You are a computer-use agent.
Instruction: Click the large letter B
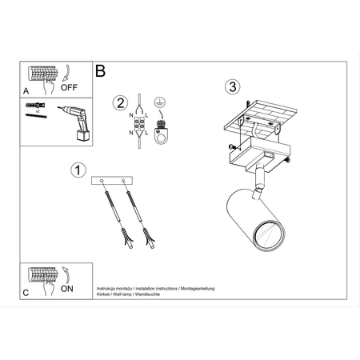(x=101, y=70)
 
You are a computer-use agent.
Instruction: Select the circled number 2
(x=121, y=102)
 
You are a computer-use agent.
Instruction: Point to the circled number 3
(x=232, y=86)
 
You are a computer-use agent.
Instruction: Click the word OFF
(x=70, y=90)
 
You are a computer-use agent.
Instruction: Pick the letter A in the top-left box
(x=26, y=91)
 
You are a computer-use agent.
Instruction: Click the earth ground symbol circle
(x=158, y=102)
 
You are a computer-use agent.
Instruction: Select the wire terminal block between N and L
(x=139, y=126)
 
